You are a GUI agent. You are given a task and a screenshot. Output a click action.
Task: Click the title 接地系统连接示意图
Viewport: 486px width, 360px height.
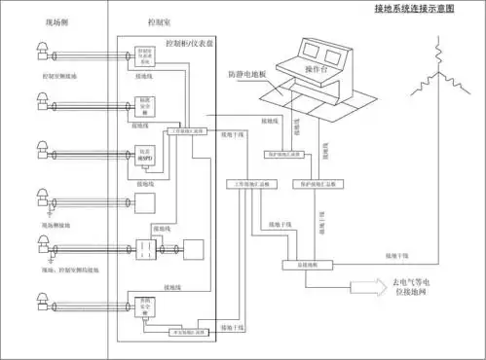(x=428, y=10)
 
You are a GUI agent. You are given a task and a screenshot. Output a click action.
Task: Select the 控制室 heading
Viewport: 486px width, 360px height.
(x=145, y=21)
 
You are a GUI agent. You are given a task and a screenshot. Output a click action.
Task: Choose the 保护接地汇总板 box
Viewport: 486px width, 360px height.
(x=310, y=183)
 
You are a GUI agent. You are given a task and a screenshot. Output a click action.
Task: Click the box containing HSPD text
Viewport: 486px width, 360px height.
(x=144, y=154)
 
